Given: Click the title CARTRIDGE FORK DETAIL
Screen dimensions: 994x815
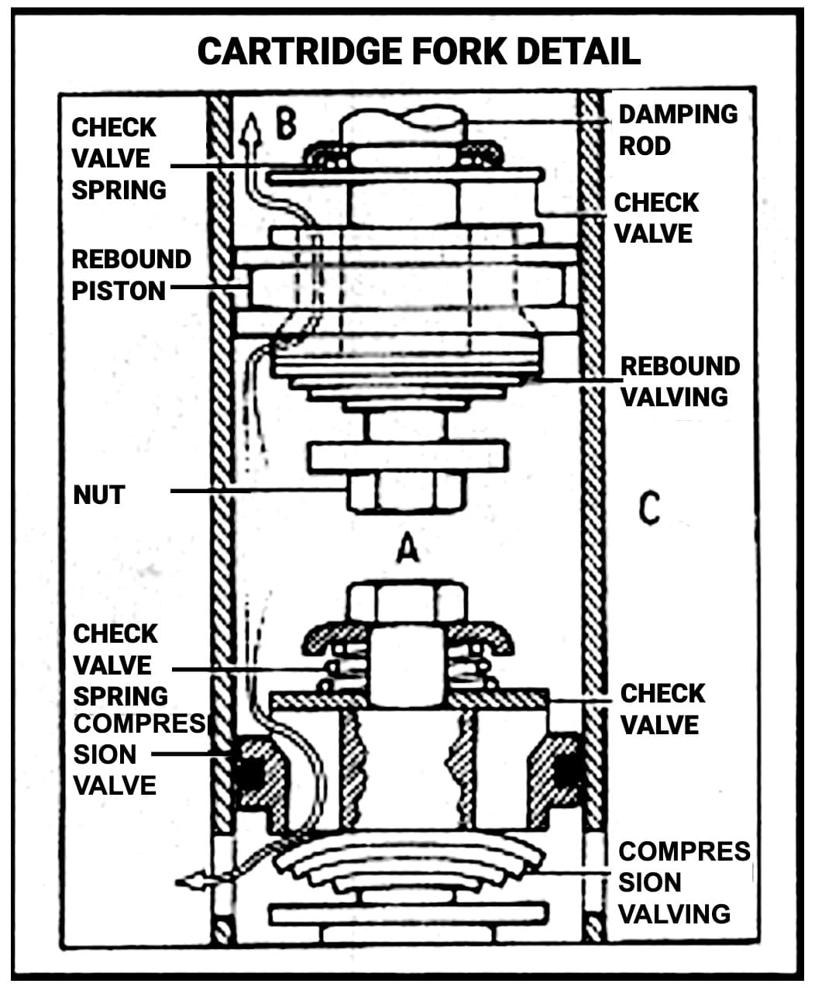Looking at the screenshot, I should pos(418,51).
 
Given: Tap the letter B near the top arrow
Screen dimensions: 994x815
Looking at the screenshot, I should pos(286,125).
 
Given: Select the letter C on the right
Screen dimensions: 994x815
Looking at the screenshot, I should pos(649,509).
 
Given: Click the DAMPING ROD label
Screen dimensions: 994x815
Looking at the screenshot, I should pos(677,129).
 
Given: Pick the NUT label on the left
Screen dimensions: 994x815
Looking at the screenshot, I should pos(98,495).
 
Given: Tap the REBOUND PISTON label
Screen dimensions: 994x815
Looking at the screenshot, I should pos(130,274).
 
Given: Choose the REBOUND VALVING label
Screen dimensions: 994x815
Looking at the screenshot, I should pos(679,381).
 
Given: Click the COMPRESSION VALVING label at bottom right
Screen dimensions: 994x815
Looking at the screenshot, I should pos(683,882).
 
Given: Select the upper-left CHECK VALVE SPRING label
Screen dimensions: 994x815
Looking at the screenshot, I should pos(119,158).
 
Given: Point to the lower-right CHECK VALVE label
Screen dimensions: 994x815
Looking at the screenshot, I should pos(662,709).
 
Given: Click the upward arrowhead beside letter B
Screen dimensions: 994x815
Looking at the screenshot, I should pos(250,126).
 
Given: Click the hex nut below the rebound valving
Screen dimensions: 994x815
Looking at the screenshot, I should pos(407,491).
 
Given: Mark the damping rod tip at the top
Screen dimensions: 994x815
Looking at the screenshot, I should pos(403,123).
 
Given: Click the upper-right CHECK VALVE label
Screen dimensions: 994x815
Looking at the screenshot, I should pos(656,218).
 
